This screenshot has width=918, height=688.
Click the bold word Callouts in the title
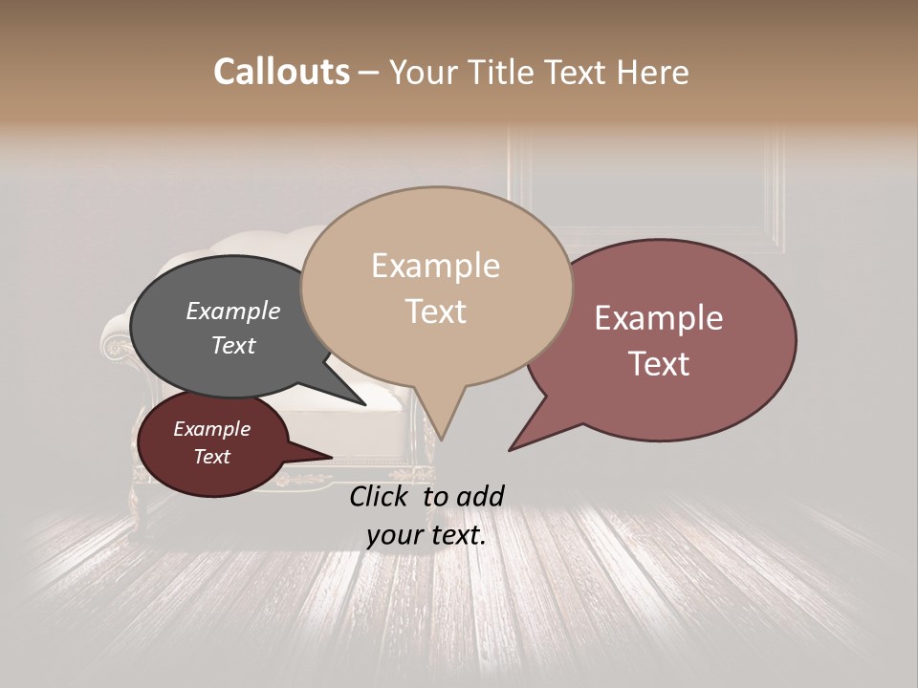coord(281,72)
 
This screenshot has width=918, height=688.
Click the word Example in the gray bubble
coord(232,311)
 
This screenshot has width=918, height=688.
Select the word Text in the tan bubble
coord(436,311)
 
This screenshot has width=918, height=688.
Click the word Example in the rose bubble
coord(658,317)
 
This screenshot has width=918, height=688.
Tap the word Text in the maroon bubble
coord(212,457)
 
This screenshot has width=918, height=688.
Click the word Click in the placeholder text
coord(379,495)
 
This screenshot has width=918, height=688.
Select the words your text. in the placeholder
coord(426,535)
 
